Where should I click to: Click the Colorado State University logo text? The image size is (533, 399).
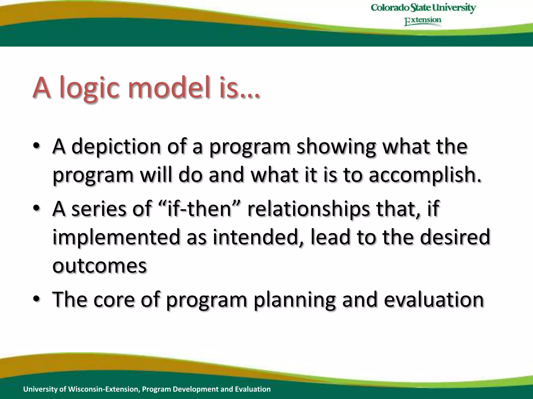coord(423,8)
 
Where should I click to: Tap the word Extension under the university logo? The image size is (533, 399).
coord(423,21)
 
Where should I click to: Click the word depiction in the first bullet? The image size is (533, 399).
coord(116,147)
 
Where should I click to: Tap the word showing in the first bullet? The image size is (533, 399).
coord(336,147)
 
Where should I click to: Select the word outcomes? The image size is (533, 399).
coord(100,265)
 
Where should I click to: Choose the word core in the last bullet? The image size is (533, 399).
coord(114,300)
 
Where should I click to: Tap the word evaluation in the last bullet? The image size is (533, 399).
coord(434,300)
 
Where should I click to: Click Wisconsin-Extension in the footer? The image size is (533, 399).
coord(104,389)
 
